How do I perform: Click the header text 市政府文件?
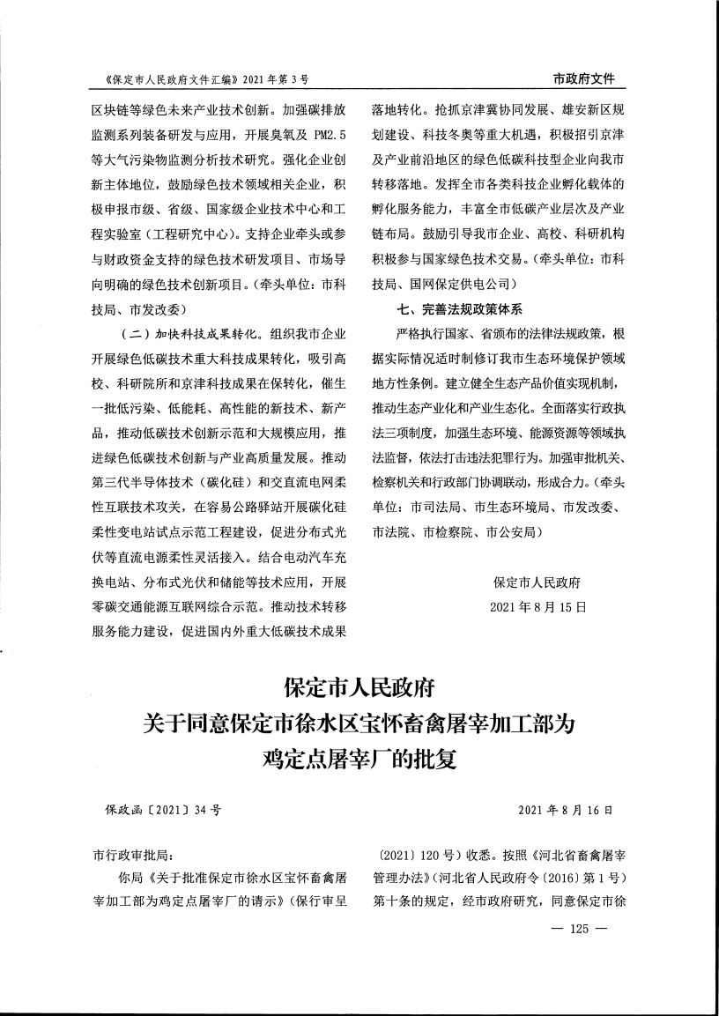click(583, 79)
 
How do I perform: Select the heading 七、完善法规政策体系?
click(461, 310)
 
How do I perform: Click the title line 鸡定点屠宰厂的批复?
click(359, 758)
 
